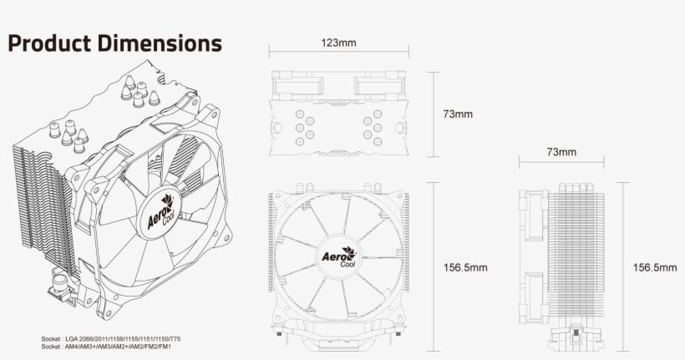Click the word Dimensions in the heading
point(164,43)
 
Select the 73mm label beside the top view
point(458,114)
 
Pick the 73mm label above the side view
point(561,152)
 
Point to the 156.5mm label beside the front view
point(465,267)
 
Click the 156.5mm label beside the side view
point(654,267)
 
